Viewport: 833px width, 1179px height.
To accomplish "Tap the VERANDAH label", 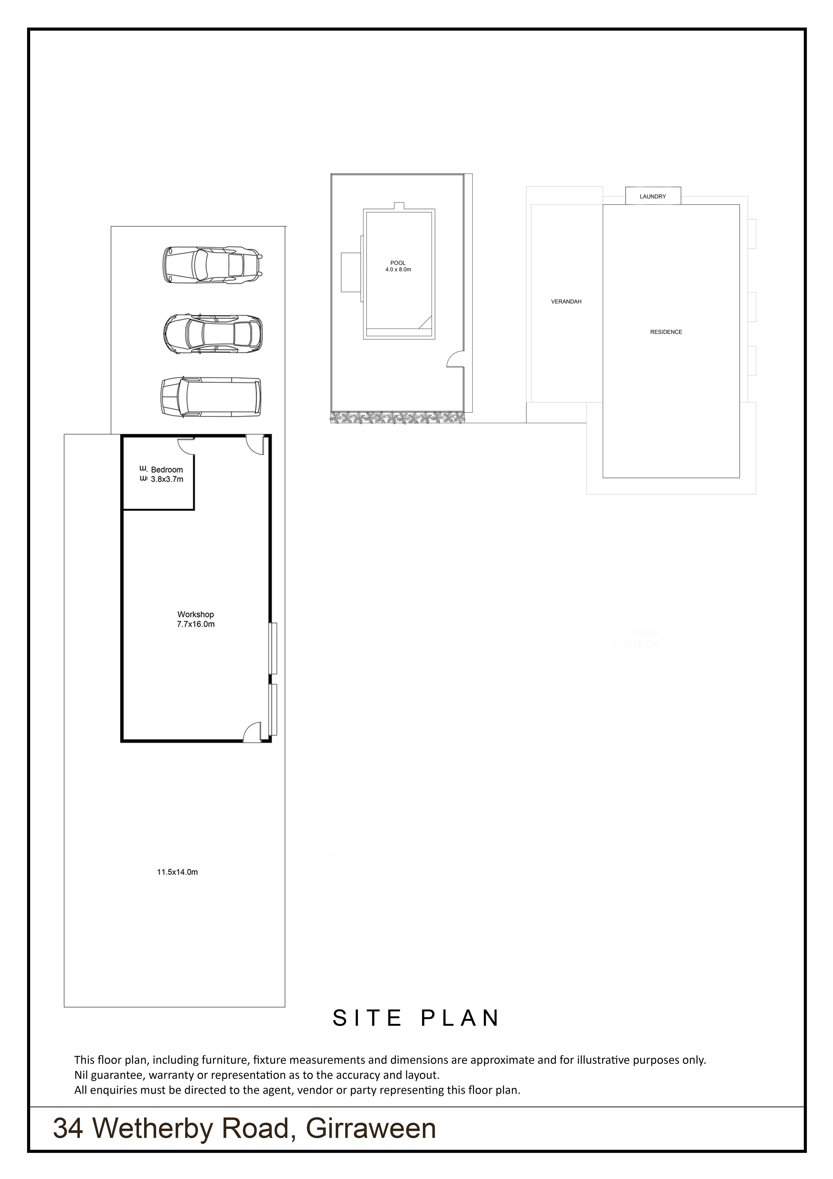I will (x=566, y=301).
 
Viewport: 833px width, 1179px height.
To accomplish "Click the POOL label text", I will (x=398, y=263).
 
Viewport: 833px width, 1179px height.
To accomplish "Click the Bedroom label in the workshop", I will (x=167, y=469).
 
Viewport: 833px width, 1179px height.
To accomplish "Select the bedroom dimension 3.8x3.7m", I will (x=167, y=479).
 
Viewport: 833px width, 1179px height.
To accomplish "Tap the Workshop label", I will (x=196, y=614).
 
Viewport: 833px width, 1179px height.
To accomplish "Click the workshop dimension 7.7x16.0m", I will (x=196, y=624).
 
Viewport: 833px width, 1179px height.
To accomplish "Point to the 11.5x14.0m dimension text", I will (x=177, y=872).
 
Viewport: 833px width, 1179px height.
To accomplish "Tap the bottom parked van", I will (x=211, y=397).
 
